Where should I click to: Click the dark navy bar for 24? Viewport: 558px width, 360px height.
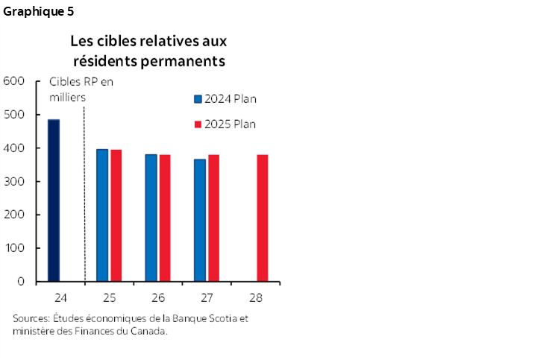(x=54, y=200)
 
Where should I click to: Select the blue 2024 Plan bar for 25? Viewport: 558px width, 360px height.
(x=102, y=215)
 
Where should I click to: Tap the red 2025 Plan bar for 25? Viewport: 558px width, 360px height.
(x=116, y=215)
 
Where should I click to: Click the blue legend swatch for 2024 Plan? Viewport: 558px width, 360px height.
(x=198, y=98)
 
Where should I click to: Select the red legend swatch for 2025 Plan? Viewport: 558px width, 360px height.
(x=198, y=124)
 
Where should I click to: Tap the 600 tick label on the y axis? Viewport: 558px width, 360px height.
(x=15, y=81)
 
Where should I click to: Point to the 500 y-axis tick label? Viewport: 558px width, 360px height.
(x=15, y=115)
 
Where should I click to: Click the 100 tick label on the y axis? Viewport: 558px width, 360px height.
(x=15, y=248)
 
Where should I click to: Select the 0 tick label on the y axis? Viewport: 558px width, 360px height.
(x=22, y=282)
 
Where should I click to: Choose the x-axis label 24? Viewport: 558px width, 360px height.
(x=60, y=297)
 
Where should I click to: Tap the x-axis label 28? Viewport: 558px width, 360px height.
(x=255, y=297)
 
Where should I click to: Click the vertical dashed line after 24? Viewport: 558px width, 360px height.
(x=84, y=194)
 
